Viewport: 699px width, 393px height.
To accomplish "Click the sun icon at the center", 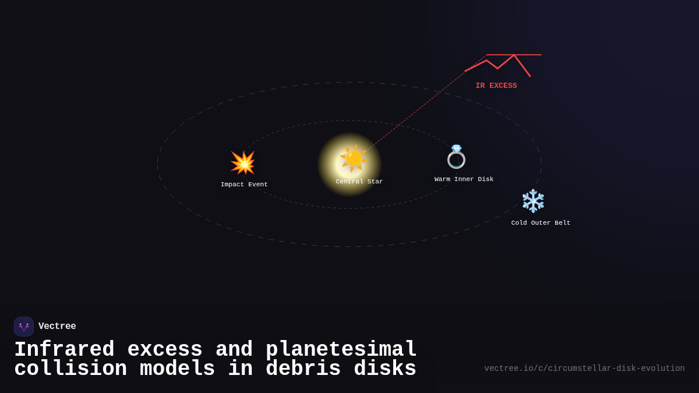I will (x=354, y=158).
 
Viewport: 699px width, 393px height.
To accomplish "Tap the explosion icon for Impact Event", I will (x=243, y=163).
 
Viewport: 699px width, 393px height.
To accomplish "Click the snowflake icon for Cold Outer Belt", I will (x=533, y=201).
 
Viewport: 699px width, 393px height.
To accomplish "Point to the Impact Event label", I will (x=244, y=185).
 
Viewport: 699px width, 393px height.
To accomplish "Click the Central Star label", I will (x=359, y=182).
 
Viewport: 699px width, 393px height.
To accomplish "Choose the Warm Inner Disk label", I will (x=464, y=179).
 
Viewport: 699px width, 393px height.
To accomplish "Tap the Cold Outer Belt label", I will (x=541, y=223).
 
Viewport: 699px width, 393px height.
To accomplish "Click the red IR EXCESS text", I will (x=496, y=86).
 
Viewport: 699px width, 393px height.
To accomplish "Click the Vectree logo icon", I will (x=24, y=327).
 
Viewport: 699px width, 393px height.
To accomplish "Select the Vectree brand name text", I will (x=57, y=327).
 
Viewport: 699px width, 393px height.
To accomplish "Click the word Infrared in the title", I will (x=64, y=350).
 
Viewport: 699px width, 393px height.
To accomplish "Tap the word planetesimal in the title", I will (x=341, y=350).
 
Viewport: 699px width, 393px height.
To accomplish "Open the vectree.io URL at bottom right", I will (x=584, y=369).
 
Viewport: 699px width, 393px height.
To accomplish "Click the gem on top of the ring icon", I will (x=456, y=148).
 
